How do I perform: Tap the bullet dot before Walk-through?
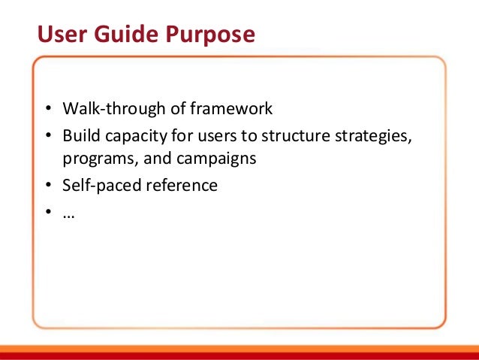47,109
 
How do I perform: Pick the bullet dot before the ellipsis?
47,212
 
